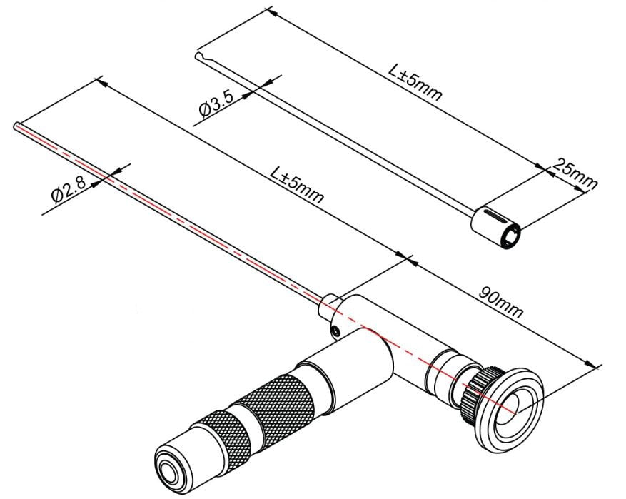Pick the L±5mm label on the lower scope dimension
click(x=297, y=184)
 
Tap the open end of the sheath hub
click(x=512, y=238)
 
